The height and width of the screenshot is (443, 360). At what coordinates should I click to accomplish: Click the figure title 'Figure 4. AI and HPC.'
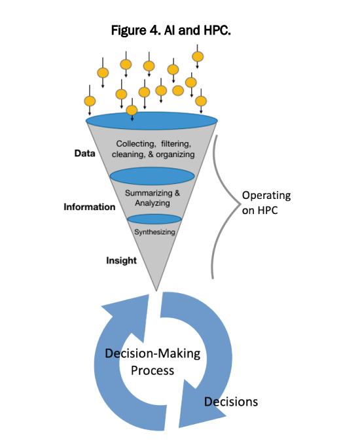171,30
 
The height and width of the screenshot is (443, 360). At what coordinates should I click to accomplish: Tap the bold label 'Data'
85,153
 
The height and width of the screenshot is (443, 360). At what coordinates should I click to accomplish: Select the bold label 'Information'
89,207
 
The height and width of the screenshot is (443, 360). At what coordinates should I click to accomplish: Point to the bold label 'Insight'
121,260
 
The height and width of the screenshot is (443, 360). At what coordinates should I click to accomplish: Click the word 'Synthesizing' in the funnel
154,232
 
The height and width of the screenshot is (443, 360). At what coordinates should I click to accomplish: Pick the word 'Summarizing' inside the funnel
149,193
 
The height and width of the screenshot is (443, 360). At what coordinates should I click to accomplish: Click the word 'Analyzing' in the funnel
153,203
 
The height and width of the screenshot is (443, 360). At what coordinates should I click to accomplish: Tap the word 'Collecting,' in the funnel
136,144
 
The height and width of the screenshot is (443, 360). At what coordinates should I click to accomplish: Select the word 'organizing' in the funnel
175,154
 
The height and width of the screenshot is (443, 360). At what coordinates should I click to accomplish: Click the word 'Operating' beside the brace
266,196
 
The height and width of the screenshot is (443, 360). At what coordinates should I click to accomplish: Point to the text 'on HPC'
260,211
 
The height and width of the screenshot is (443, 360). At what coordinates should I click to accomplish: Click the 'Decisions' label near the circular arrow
231,402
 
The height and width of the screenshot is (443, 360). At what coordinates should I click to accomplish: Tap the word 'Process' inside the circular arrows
153,370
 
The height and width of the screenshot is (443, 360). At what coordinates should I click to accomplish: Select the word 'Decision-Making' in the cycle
153,354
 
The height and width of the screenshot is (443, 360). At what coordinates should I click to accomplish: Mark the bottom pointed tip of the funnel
156,291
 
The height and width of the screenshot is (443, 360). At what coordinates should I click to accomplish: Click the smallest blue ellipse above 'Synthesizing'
154,219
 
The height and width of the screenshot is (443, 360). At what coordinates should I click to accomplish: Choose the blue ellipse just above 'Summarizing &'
153,176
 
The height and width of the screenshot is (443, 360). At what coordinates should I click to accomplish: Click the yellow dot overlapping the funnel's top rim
132,110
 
